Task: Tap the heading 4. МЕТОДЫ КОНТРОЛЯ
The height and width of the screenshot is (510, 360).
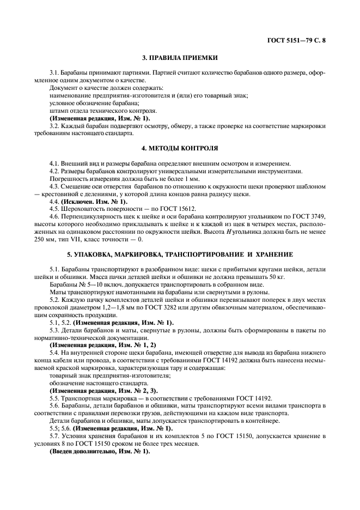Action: tap(180, 148)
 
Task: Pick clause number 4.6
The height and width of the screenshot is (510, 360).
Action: tap(54, 216)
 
